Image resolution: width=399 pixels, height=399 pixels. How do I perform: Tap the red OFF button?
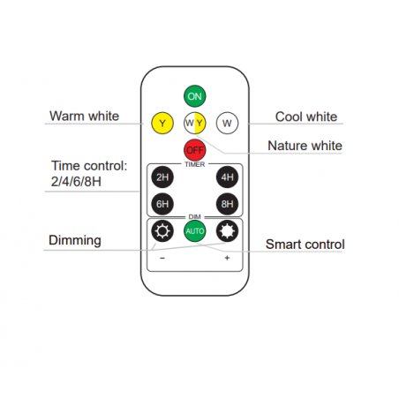coord(194,150)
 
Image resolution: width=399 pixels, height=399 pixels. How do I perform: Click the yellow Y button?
coord(162,123)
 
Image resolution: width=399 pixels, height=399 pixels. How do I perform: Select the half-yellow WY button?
coord(194,123)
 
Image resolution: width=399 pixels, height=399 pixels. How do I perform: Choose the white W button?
coord(227,123)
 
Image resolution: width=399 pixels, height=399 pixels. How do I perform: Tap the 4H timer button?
coord(227,177)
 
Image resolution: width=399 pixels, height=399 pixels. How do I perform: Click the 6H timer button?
coord(162,204)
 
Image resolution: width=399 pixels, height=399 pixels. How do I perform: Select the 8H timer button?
coord(227,204)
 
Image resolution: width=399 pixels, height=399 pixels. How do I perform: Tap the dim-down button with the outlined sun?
coord(162,231)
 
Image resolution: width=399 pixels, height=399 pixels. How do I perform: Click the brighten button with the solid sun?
coord(227,231)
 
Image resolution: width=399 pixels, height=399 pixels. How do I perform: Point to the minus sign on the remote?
coord(162,259)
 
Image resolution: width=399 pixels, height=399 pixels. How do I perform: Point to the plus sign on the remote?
coord(227,258)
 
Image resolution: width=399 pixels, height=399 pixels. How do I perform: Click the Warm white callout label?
coord(84,116)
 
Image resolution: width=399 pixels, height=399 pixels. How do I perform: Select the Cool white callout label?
coord(306,117)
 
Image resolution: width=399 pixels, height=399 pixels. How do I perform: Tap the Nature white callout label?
coord(305,146)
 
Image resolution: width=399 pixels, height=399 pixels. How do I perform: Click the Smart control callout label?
coord(305,245)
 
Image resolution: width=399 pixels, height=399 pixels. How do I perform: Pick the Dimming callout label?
coord(75,240)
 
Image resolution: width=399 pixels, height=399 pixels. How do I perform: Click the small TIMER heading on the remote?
coord(195,164)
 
